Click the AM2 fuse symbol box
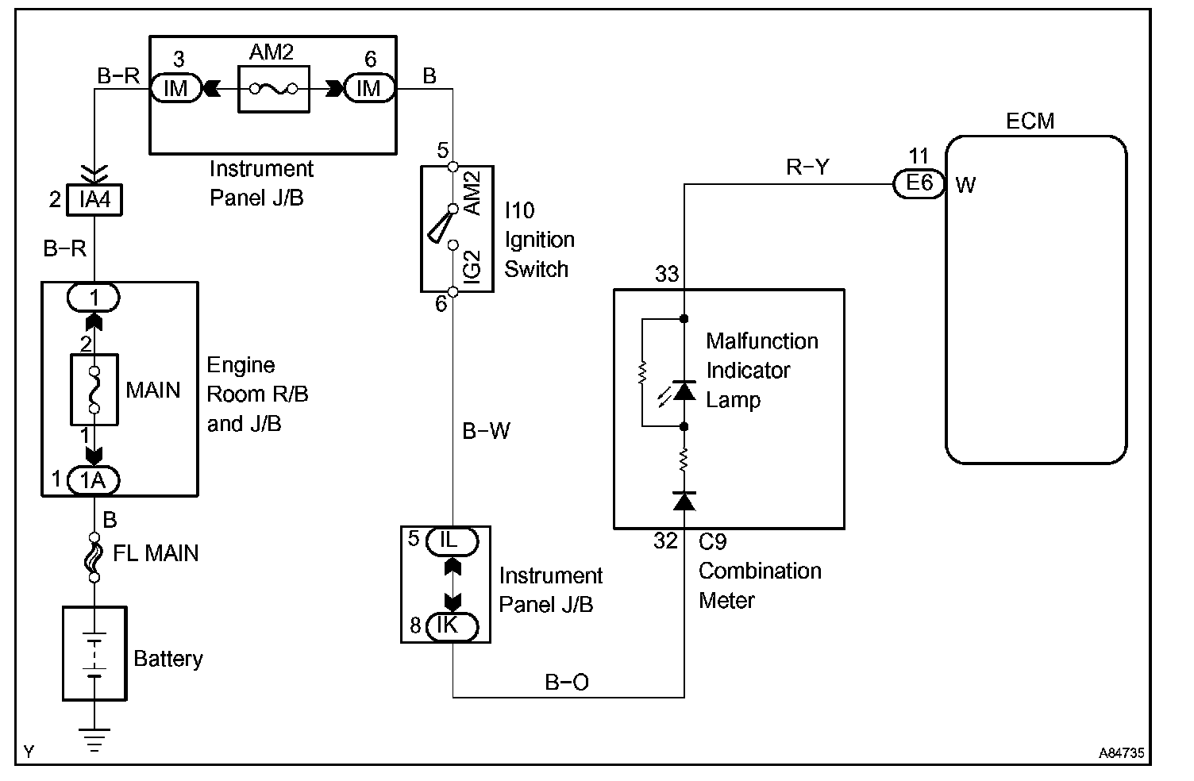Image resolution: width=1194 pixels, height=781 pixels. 273,88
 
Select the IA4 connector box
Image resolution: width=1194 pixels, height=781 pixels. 95,199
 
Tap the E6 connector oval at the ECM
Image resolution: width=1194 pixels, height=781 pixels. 919,183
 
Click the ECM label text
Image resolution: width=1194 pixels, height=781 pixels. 1030,121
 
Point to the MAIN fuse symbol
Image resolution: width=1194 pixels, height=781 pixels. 94,390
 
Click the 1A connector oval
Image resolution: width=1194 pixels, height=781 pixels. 94,479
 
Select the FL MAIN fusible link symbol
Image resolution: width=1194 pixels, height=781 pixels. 94,554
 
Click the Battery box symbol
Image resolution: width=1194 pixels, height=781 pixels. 94,653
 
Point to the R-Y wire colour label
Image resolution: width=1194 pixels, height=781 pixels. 807,167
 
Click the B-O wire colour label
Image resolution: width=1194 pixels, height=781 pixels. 567,682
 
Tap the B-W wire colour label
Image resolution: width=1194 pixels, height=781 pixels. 486,431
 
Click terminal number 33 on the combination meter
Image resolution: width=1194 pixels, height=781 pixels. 667,274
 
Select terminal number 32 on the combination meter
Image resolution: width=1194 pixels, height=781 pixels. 666,541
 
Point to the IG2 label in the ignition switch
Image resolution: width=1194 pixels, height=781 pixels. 472,265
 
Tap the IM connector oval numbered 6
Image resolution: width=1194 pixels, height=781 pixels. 369,88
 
